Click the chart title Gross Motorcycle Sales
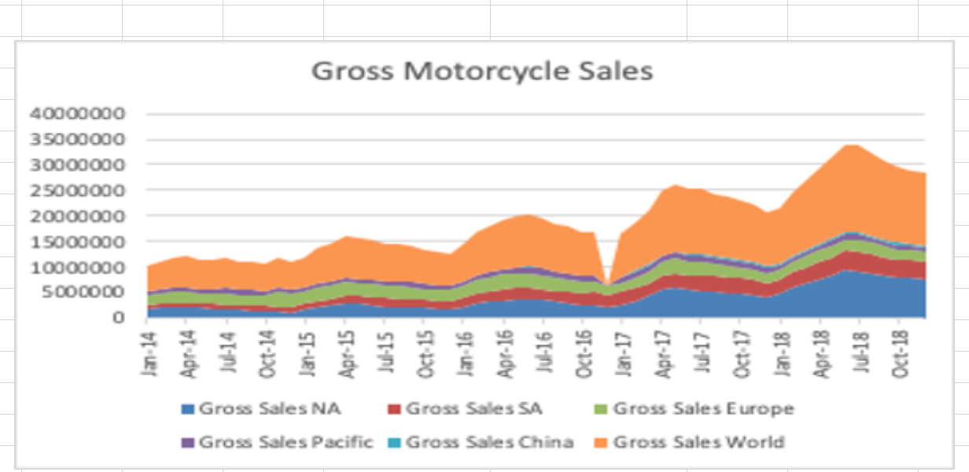[x=482, y=71]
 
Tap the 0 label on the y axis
[x=119, y=317]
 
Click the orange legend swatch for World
[x=602, y=441]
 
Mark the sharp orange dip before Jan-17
[x=607, y=285]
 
